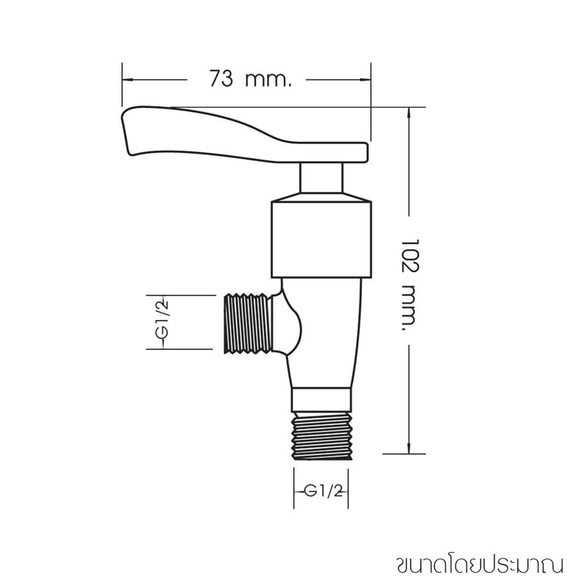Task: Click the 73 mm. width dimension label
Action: [x=250, y=79]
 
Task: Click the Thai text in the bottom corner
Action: [x=480, y=566]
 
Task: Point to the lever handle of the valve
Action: [x=245, y=135]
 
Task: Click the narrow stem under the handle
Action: [x=322, y=178]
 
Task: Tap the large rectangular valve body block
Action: [x=322, y=240]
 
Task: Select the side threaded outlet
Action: [x=248, y=323]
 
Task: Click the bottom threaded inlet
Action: [x=322, y=436]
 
